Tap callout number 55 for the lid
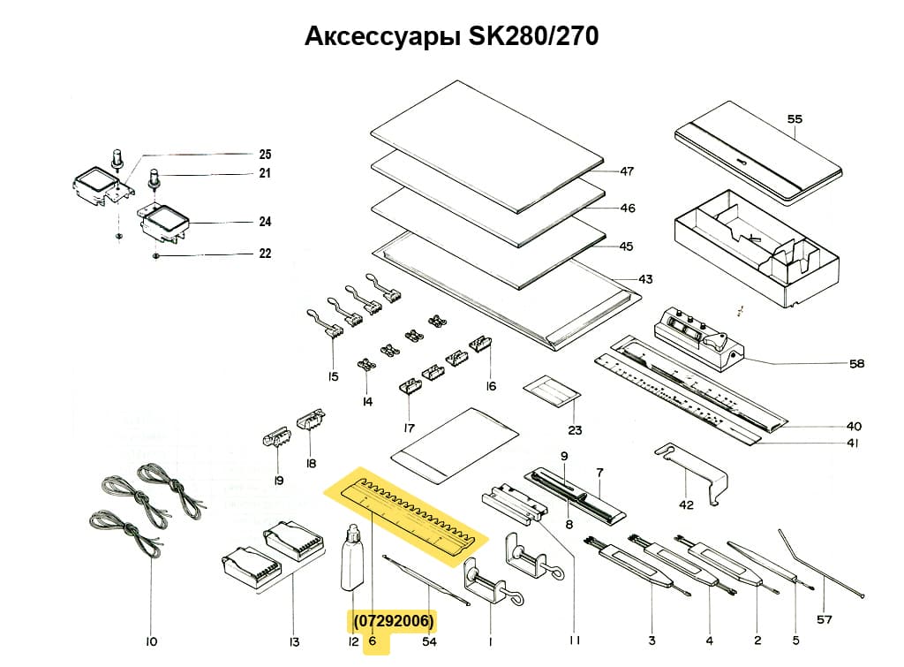point(795,117)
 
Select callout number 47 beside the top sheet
point(627,171)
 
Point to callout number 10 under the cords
point(150,641)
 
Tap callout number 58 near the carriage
point(856,363)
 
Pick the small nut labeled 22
point(155,255)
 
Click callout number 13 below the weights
point(294,641)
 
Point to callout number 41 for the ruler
point(852,443)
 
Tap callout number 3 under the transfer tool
point(651,640)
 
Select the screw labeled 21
point(154,178)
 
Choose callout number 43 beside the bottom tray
point(645,279)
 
